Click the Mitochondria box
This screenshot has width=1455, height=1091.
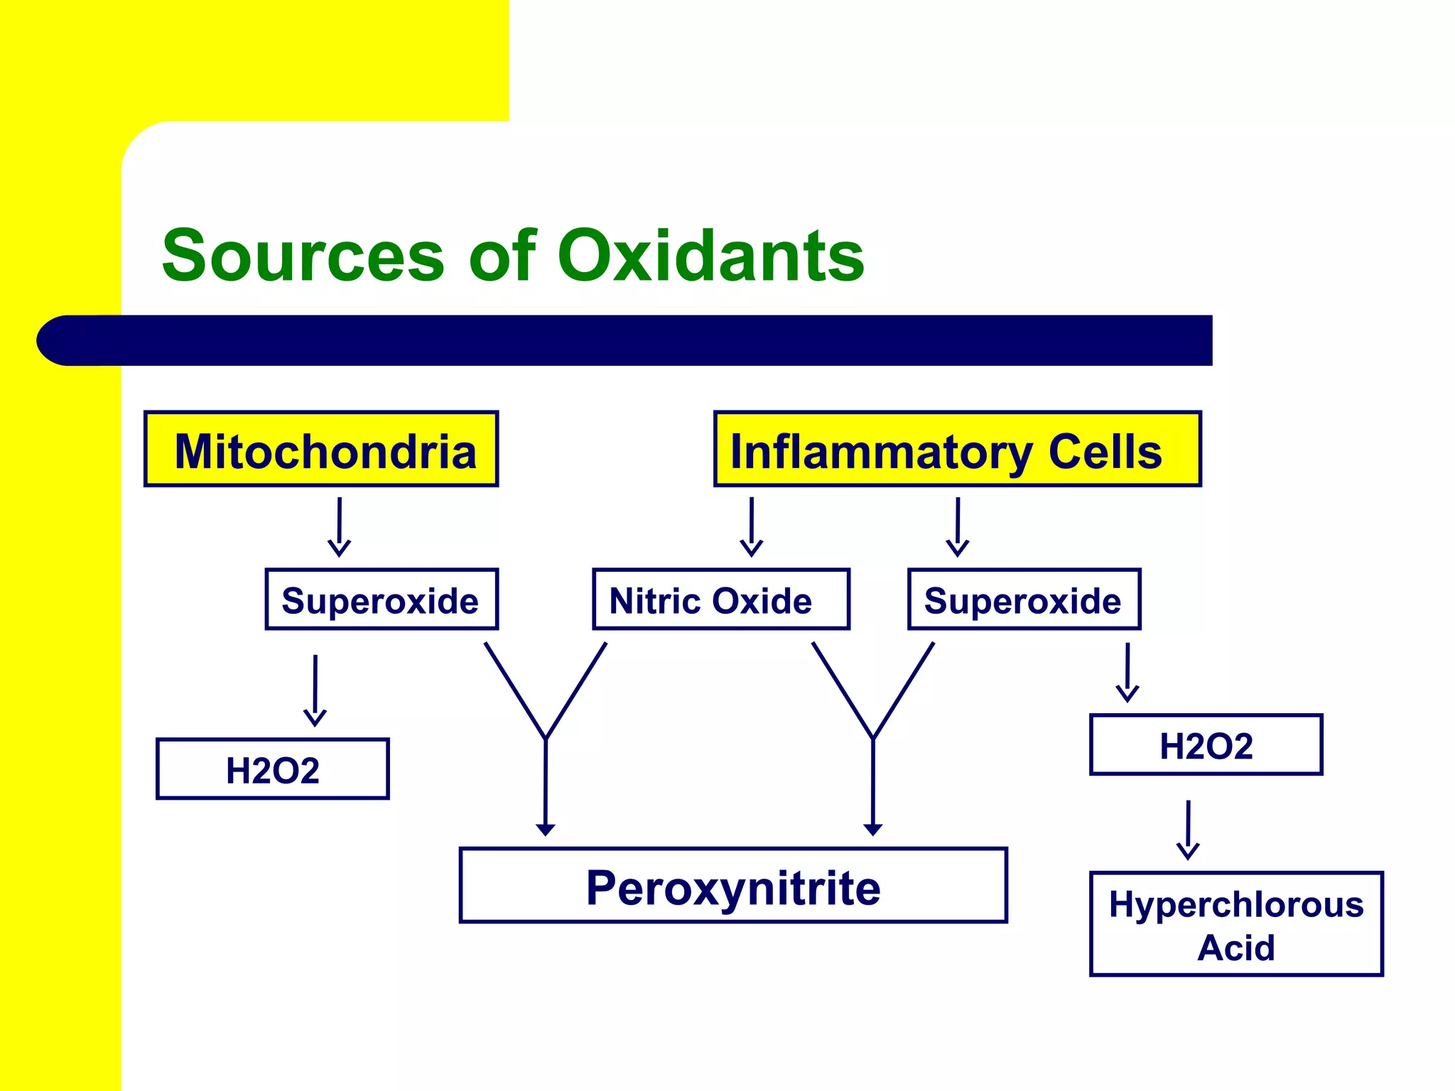321,449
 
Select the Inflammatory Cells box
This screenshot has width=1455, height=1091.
957,449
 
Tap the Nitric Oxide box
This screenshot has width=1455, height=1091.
721,599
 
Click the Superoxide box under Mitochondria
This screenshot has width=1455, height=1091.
382,599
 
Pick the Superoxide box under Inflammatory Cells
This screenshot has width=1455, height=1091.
1024,599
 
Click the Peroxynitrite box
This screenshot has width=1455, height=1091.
733,885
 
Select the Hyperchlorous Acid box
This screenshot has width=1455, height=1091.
1235,923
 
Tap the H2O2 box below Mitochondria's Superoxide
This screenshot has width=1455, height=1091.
273,769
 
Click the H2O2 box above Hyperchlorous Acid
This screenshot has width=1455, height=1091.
1206,744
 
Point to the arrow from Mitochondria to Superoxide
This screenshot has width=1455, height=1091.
340,526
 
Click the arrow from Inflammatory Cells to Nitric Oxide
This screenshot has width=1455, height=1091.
752,526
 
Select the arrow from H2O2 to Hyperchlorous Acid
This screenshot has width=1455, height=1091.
1188,829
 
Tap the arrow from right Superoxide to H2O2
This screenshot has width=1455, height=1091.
1127,672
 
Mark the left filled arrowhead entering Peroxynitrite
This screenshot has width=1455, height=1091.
546,828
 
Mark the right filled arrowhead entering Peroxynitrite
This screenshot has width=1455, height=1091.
872,828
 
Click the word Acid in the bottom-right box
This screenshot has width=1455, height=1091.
1235,948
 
